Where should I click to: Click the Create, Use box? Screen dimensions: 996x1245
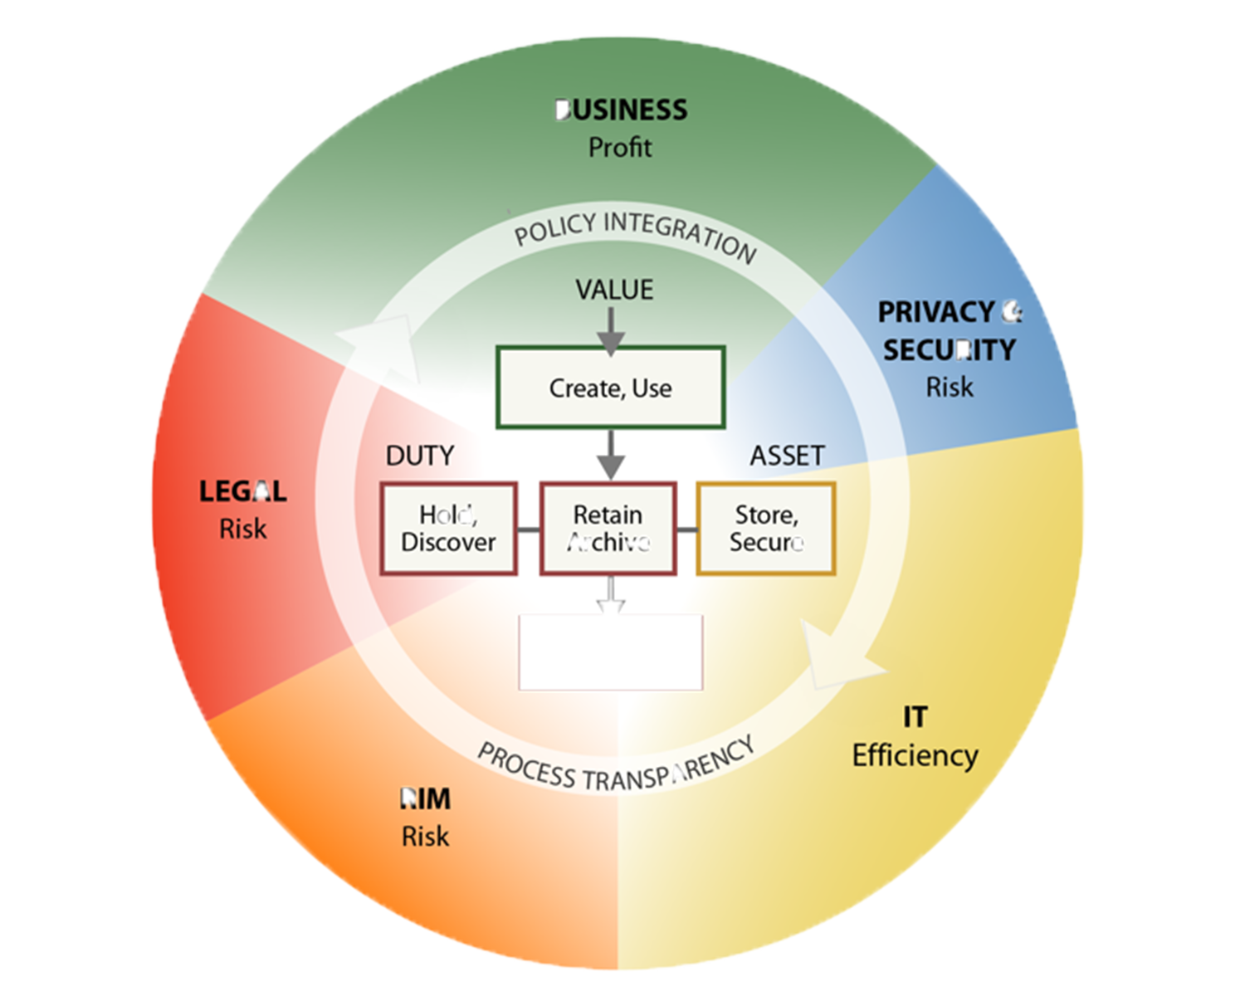pos(611,388)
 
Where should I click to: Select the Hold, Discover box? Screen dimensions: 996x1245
pos(448,529)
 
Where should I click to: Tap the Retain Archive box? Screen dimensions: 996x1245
pos(608,529)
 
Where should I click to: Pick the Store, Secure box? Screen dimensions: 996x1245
pos(766,529)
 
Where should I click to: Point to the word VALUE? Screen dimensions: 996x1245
pos(614,290)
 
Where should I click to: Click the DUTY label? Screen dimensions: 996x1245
pos(420,456)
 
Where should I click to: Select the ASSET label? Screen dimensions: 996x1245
pos(787,456)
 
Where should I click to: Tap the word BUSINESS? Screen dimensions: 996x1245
pos(621,110)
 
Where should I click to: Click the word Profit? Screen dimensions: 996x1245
pos(620,148)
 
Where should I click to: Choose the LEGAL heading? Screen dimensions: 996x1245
pos(242,491)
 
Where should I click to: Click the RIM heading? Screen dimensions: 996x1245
pos(425,799)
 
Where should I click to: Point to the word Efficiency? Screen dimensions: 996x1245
pos(915,755)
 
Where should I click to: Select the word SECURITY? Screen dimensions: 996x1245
pos(949,350)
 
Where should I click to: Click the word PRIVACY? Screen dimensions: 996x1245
pos(935,312)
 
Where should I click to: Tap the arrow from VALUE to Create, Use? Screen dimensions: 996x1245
pos(611,330)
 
